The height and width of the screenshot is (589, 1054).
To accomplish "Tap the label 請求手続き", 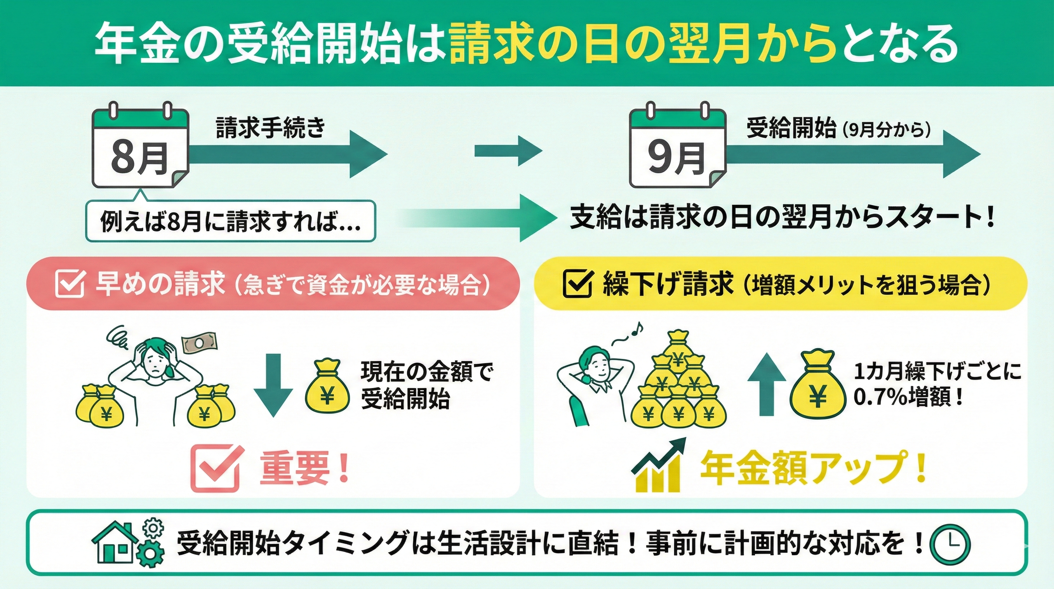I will pos(270,128).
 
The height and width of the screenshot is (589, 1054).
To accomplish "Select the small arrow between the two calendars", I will pos(508,151).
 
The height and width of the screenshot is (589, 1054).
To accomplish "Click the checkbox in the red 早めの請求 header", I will pos(69,283).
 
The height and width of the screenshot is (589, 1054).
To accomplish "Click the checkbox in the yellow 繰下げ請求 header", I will pos(577,283).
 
